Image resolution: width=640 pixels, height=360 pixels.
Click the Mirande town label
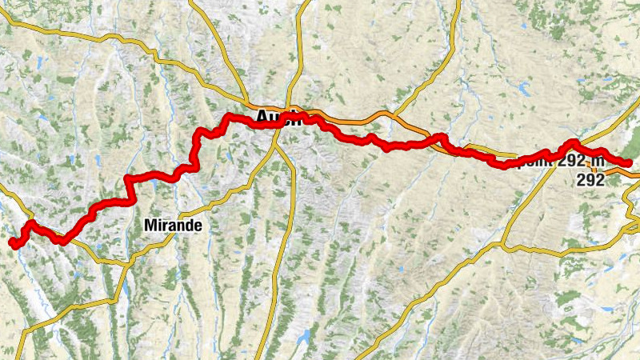point(174,226)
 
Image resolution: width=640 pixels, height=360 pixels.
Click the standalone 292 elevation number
point(590,181)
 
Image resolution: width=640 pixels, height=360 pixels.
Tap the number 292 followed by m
point(573,161)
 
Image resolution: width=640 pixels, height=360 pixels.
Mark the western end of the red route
point(12,242)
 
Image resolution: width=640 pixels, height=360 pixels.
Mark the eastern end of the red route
point(630,163)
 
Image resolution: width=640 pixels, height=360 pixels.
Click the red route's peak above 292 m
point(573,143)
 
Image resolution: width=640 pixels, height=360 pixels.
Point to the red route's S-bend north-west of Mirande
point(128,189)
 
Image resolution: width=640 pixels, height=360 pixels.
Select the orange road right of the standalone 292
point(620,170)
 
